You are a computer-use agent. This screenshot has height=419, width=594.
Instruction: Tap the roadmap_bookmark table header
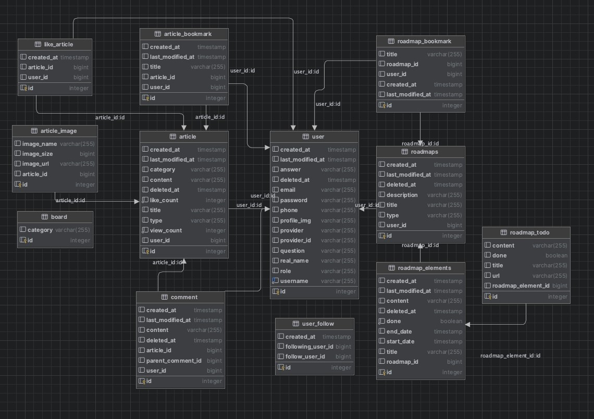point(420,41)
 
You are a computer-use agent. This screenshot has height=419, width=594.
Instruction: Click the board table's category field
point(40,230)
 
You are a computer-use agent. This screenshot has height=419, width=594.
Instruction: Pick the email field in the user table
point(288,190)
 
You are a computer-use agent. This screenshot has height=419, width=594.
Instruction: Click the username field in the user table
point(294,281)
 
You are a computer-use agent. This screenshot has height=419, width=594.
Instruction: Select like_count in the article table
point(164,200)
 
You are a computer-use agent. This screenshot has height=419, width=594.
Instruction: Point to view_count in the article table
point(166,230)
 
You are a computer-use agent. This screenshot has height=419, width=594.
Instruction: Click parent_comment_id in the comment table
point(174,361)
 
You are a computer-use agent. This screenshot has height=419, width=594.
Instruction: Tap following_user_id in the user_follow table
point(309,347)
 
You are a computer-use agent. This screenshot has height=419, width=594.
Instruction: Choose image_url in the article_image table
point(35,164)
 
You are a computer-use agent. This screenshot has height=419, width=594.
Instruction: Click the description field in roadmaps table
point(402,195)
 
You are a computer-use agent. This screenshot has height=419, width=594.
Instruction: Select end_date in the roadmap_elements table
point(399,331)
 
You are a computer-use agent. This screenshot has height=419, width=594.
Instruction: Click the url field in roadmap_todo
point(496,276)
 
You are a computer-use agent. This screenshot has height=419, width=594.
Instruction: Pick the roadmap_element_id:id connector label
point(510,356)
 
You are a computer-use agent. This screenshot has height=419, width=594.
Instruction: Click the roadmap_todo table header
point(526,232)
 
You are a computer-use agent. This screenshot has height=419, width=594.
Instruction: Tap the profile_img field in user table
point(295,220)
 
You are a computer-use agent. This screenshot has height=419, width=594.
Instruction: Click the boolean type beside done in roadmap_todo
point(556,255)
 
